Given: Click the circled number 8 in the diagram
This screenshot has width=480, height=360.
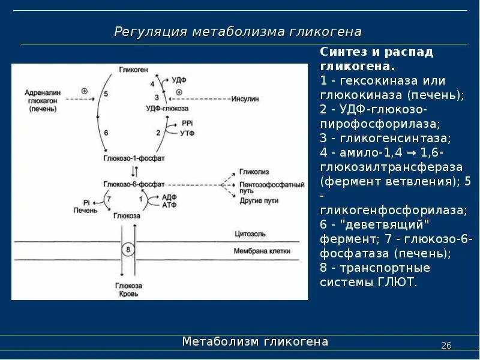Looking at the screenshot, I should [x=127, y=249].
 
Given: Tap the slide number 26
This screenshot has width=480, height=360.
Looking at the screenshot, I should [x=446, y=345].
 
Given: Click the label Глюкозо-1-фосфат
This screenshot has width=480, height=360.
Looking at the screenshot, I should [x=134, y=157].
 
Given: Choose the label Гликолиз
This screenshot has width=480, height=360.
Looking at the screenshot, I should [x=252, y=172].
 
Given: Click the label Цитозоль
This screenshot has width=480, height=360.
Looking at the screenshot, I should [x=249, y=233].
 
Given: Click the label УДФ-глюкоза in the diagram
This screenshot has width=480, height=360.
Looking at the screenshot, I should [x=167, y=108].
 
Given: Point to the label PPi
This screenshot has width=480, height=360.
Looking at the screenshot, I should [x=186, y=122].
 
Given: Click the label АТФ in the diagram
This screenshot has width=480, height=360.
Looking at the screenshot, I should [x=169, y=205].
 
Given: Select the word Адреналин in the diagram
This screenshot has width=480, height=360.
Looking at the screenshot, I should [x=41, y=94].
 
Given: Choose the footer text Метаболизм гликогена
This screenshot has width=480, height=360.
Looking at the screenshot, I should [x=255, y=342].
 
